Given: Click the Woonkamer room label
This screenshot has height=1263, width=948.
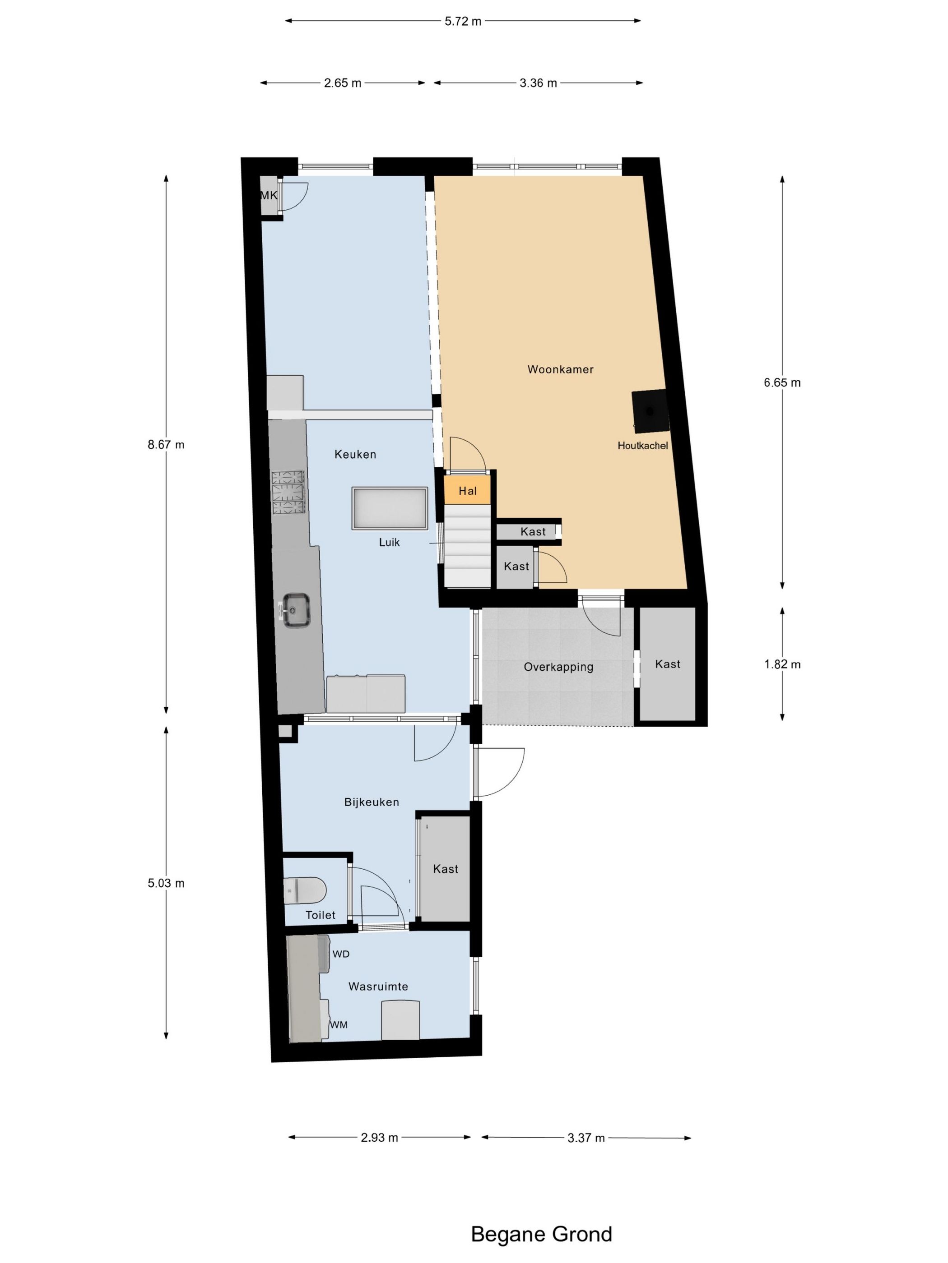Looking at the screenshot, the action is point(560,369).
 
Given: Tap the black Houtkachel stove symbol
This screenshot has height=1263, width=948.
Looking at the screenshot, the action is point(650,410).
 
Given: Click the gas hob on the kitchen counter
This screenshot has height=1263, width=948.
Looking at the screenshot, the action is point(289,493).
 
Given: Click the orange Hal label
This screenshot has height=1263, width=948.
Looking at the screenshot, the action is point(467,491).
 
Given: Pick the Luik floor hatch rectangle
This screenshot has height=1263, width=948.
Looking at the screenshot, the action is point(390,509).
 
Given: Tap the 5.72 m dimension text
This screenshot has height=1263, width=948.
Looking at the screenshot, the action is point(463,22).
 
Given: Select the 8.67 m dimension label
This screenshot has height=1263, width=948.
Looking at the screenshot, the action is point(166,445).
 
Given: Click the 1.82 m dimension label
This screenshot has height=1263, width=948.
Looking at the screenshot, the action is point(782,664).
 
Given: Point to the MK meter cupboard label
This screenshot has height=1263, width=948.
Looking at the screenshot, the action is point(269,195).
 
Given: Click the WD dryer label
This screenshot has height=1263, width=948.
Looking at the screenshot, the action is point(341,954).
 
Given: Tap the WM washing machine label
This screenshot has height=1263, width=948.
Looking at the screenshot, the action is point(339,1025).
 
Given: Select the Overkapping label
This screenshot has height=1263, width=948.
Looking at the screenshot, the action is point(558,667).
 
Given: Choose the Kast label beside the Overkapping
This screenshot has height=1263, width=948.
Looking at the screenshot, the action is point(667,664).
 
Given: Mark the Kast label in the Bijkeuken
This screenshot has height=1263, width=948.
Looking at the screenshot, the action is point(446,869).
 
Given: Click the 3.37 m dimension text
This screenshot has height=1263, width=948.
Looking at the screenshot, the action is point(586,1138).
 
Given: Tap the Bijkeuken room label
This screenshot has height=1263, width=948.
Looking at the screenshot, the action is point(372,802).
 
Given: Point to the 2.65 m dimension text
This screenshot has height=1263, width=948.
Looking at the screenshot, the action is point(343,83).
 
